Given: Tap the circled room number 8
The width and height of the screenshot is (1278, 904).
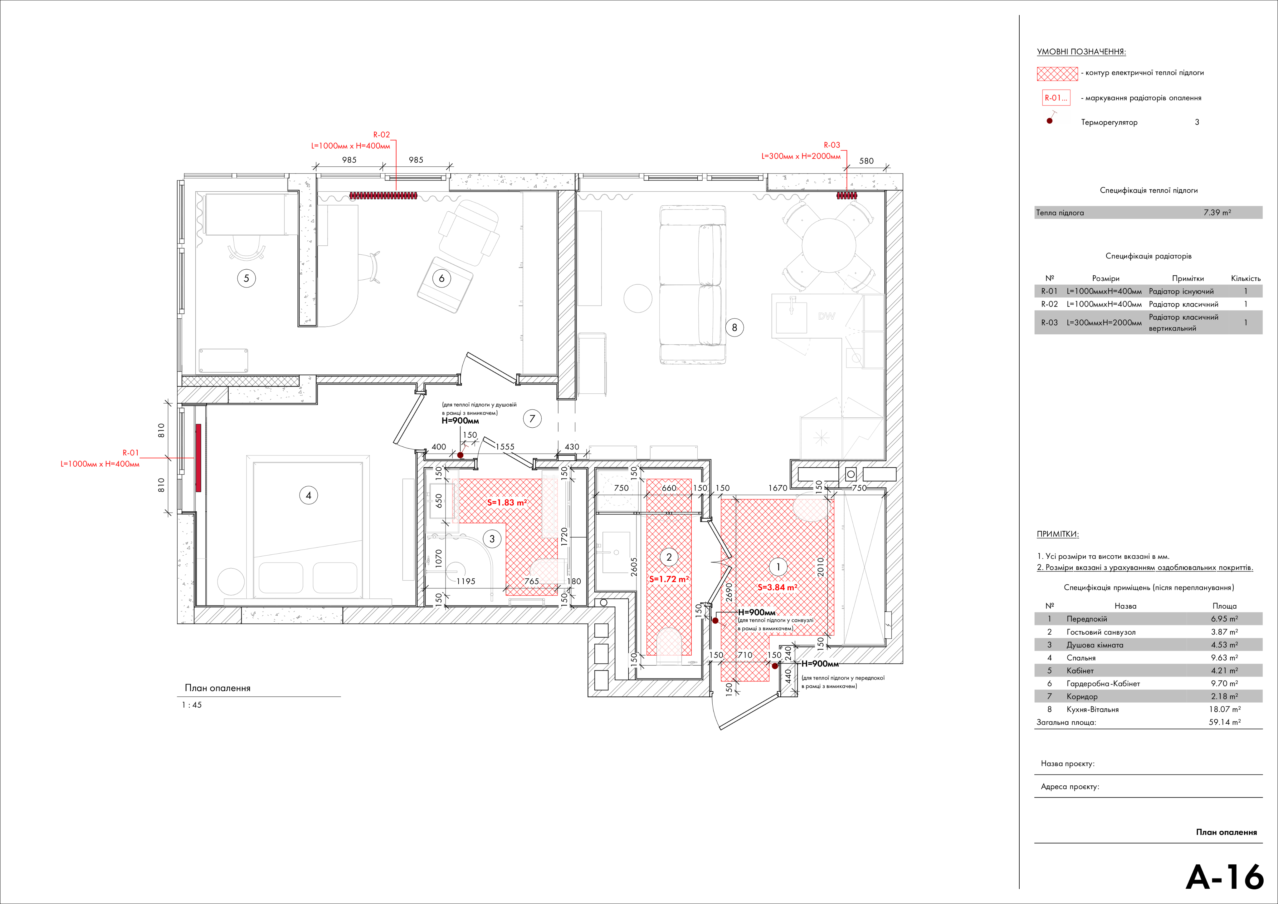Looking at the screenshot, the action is [x=734, y=327].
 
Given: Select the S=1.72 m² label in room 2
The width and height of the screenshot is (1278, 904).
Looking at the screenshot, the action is [x=669, y=579].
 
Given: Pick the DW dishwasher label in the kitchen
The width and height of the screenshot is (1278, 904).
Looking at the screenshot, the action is [x=827, y=316].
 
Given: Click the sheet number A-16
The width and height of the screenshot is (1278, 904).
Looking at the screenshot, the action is [x=1225, y=877].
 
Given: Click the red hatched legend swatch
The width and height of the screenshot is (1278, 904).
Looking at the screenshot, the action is [x=1057, y=74].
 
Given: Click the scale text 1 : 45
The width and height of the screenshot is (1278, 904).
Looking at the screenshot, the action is [x=192, y=705].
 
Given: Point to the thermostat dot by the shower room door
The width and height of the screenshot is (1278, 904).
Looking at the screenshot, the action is [x=460, y=455].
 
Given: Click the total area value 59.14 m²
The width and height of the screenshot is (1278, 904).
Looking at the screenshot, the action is [x=1225, y=722].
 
